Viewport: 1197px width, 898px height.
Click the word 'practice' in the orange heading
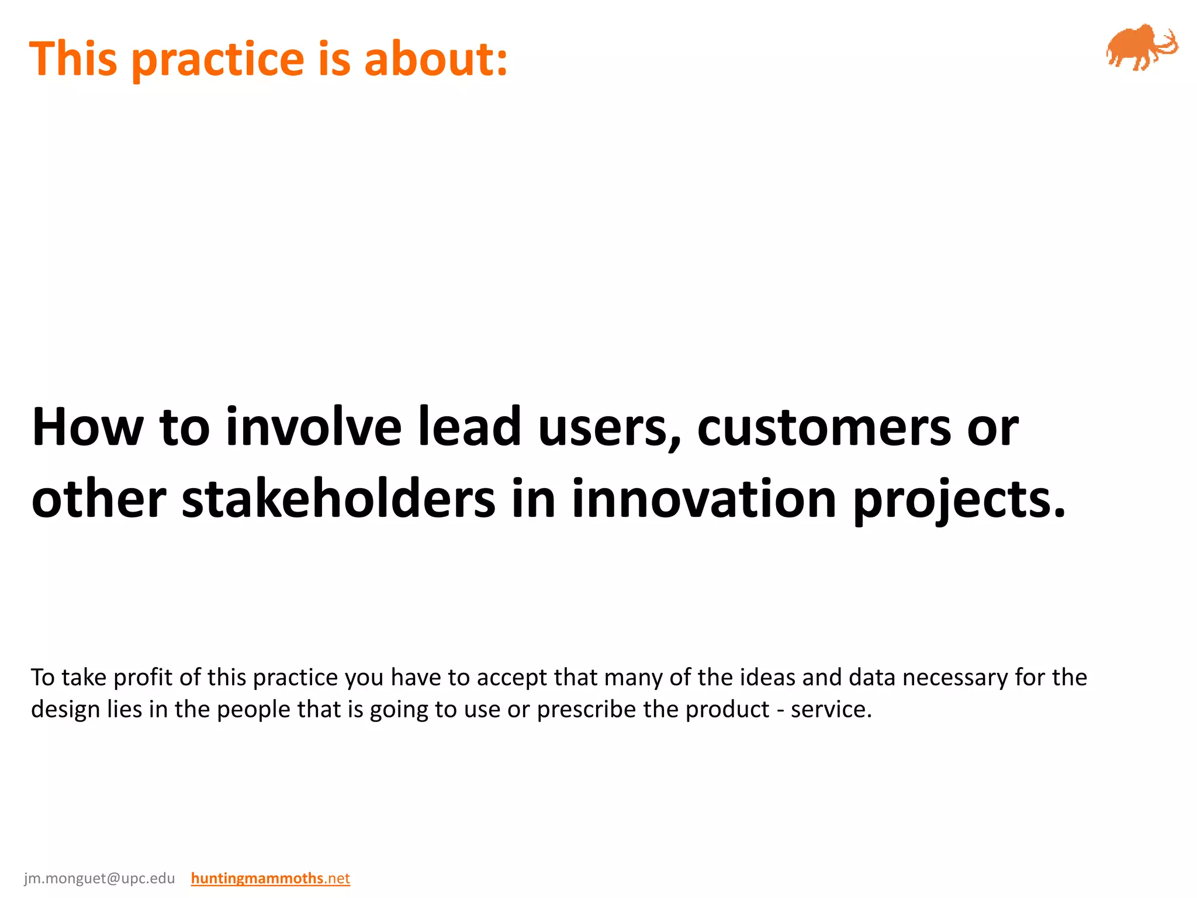[x=218, y=60]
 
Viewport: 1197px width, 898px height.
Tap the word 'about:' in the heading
[x=436, y=59]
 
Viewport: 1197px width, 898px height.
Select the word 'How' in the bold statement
[x=87, y=427]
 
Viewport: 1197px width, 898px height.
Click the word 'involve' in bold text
[x=313, y=427]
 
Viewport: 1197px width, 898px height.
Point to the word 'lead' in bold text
[x=469, y=427]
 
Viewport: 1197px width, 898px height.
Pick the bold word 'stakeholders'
[x=338, y=499]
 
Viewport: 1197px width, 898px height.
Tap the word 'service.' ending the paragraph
[x=831, y=710]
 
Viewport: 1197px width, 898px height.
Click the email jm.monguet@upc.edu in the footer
[x=99, y=879]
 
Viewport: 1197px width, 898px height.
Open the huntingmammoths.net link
[x=270, y=879]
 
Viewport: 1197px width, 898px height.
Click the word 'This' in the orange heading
[x=73, y=59]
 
